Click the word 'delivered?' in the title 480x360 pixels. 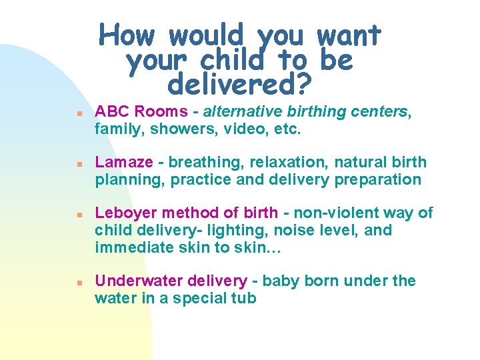click(x=240, y=85)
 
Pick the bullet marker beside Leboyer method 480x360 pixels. click(x=79, y=215)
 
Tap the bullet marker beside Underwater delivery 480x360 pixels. click(x=79, y=282)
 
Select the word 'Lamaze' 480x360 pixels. click(x=119, y=162)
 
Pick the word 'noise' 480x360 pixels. click(x=309, y=230)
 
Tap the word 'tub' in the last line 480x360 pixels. click(x=243, y=298)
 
